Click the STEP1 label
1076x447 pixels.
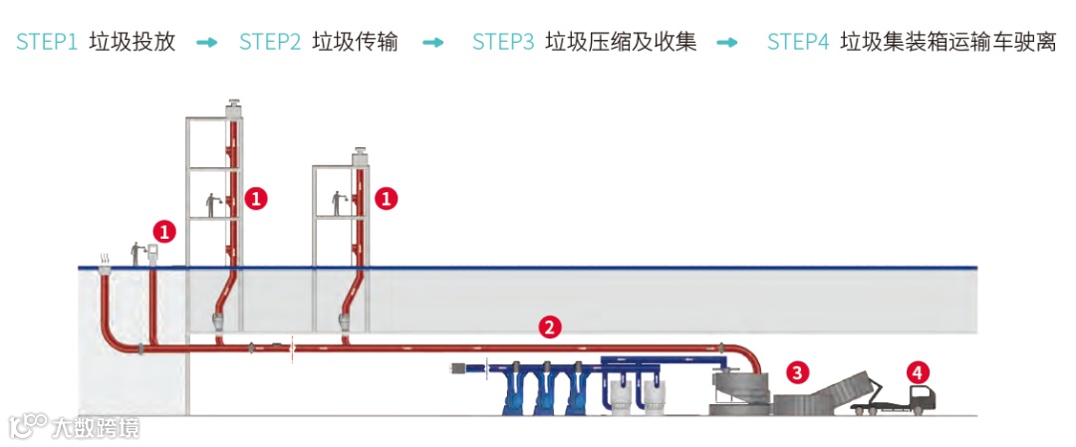(x=46, y=42)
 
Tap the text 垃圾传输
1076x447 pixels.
(x=355, y=42)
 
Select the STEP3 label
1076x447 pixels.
(x=503, y=42)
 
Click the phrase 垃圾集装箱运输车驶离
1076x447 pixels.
(x=947, y=42)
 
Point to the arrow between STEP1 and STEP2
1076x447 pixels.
(x=206, y=43)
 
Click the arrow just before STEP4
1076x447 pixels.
(x=727, y=43)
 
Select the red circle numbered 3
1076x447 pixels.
(x=796, y=372)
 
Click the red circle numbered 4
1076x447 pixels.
(x=917, y=372)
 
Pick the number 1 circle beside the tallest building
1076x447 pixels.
(x=256, y=198)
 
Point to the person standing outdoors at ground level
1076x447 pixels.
(x=136, y=254)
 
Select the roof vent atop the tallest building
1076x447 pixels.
(x=234, y=107)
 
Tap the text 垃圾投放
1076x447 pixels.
(x=132, y=42)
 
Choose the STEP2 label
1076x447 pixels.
(x=270, y=42)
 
